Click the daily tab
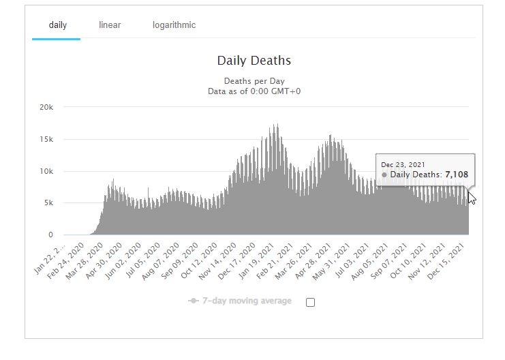(x=57, y=25)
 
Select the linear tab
(x=110, y=25)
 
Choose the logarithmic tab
(x=174, y=25)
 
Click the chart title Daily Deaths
(x=254, y=61)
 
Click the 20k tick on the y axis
(x=46, y=107)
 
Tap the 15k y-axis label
(x=46, y=139)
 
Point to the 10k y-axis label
(x=46, y=171)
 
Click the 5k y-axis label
(x=48, y=203)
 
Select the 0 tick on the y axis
(x=50, y=235)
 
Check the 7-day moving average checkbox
(x=311, y=302)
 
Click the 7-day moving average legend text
(x=247, y=301)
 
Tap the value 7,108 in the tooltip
(x=457, y=175)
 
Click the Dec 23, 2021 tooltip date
(x=403, y=164)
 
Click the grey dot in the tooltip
(x=384, y=175)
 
